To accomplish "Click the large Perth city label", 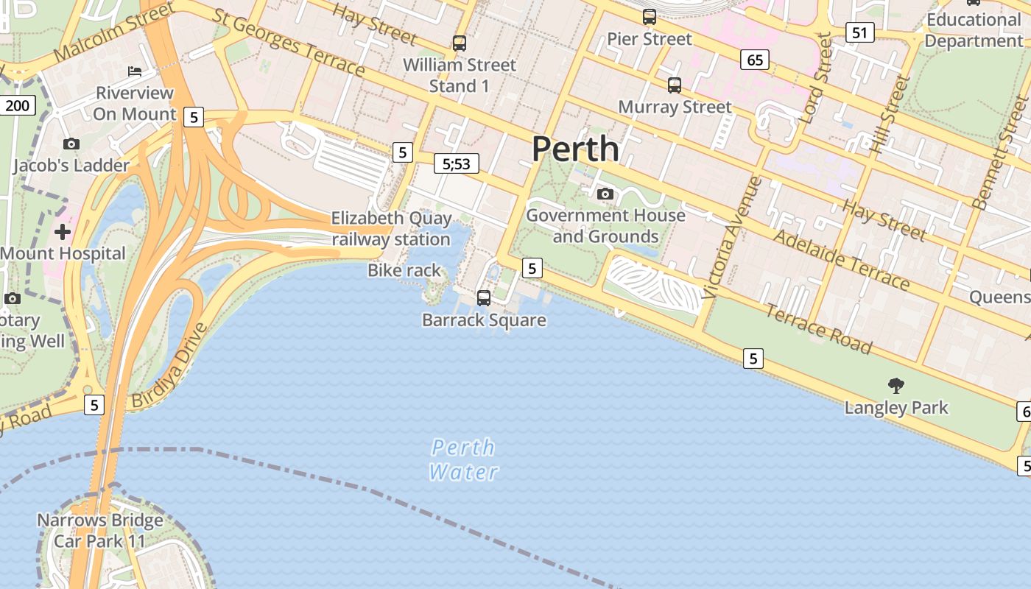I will click(x=575, y=149).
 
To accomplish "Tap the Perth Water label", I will click(x=463, y=459).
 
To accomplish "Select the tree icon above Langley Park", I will click(x=896, y=385).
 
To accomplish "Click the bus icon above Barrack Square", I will click(x=484, y=297).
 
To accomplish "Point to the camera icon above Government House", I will click(x=605, y=194).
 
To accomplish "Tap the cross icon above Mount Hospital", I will click(x=63, y=232).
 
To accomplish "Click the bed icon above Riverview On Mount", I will click(x=135, y=71).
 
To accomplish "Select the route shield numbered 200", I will click(x=17, y=105).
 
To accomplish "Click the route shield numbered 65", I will click(x=755, y=60).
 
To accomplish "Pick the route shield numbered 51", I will click(x=860, y=32).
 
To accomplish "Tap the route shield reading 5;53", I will click(x=456, y=163).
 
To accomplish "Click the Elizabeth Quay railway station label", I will click(x=390, y=228).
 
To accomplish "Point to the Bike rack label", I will click(x=404, y=270).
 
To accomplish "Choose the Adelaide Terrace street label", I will click(x=842, y=259).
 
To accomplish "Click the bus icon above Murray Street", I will click(x=675, y=85).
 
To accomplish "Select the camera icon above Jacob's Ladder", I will click(x=71, y=144).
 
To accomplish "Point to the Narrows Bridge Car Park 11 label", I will click(x=100, y=530).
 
